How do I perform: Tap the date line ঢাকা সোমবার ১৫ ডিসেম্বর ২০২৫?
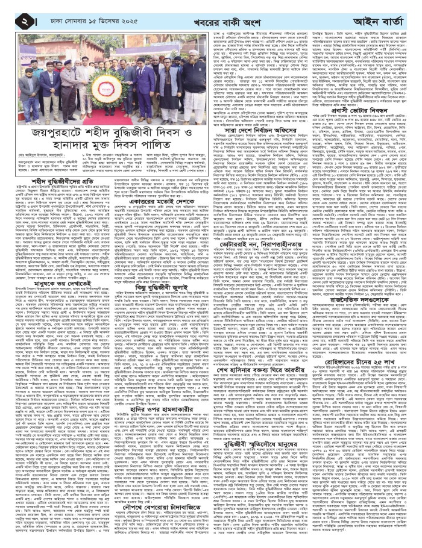(84, 11)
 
